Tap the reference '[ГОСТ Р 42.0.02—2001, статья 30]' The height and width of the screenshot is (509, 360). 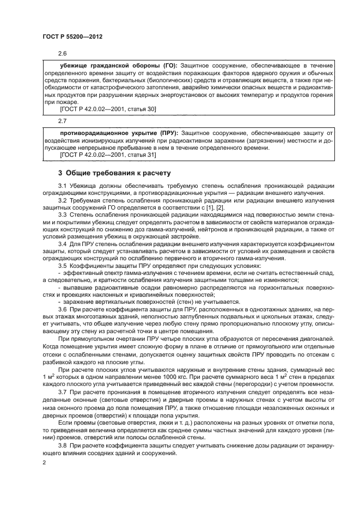[x=108, y=109]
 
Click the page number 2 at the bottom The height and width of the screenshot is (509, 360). [x=44, y=462]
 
